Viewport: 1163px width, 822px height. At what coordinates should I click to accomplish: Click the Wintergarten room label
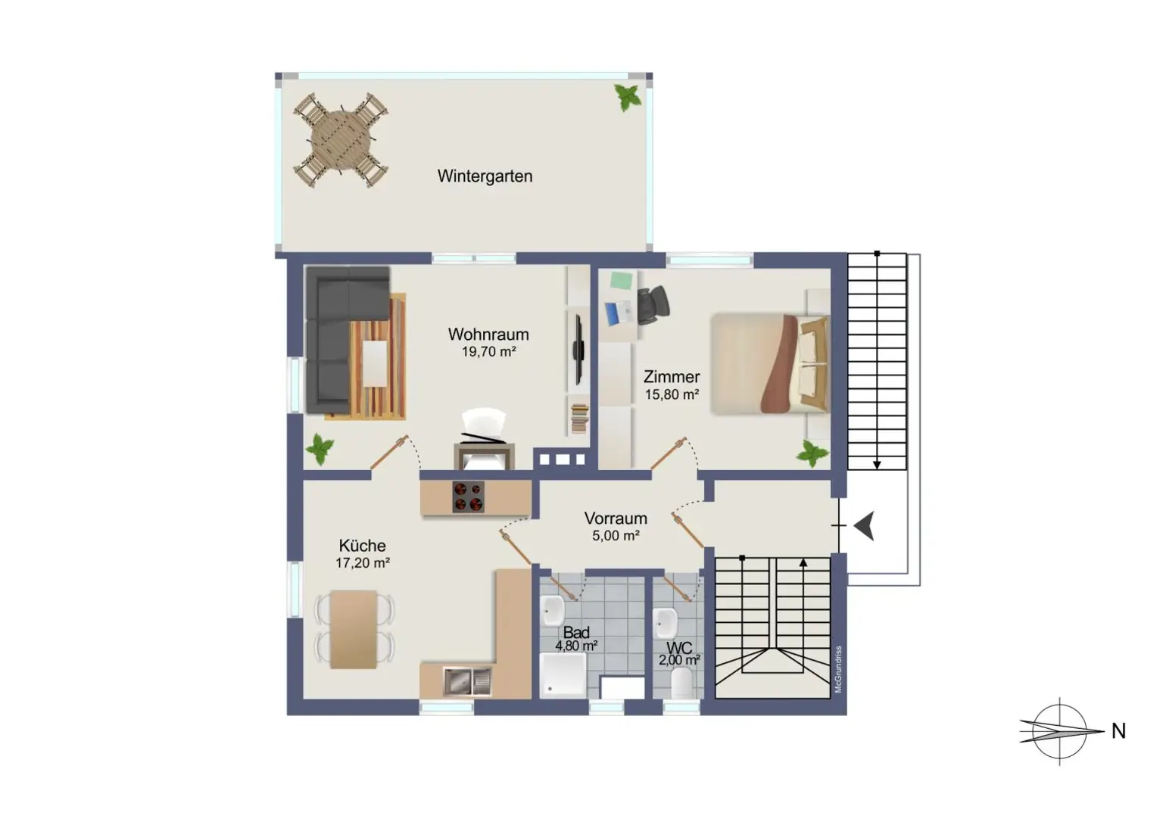[x=485, y=176]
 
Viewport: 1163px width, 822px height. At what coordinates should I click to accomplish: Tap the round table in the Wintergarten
[x=341, y=141]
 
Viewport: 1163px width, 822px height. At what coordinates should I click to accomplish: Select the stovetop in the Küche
[x=469, y=497]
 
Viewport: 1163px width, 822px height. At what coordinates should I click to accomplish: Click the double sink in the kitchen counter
[x=467, y=681]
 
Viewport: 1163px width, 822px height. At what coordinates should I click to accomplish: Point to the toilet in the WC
[x=681, y=683]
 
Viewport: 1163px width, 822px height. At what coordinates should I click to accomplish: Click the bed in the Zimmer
[x=771, y=364]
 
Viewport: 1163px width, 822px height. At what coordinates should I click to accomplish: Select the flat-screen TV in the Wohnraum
[x=578, y=350]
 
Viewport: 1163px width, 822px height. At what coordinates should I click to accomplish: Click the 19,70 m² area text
[x=488, y=352]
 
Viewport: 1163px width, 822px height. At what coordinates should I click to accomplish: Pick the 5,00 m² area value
[x=616, y=536]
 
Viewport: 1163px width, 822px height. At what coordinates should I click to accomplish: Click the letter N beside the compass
[x=1118, y=731]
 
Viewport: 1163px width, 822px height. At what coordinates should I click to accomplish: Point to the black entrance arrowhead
[x=865, y=526]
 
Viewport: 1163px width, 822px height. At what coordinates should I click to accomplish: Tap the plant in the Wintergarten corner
[x=628, y=97]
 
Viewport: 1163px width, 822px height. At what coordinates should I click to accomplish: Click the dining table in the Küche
[x=354, y=629]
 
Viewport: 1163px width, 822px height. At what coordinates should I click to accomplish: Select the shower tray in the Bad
[x=563, y=675]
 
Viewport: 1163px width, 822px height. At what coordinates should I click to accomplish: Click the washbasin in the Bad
[x=553, y=610]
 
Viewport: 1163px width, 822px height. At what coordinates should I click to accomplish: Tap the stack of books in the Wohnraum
[x=579, y=419]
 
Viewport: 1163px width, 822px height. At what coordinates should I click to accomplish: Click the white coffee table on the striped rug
[x=374, y=363]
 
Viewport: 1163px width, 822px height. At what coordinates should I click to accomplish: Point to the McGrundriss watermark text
[x=838, y=669]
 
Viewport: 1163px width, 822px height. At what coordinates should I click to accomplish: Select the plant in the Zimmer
[x=812, y=453]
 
